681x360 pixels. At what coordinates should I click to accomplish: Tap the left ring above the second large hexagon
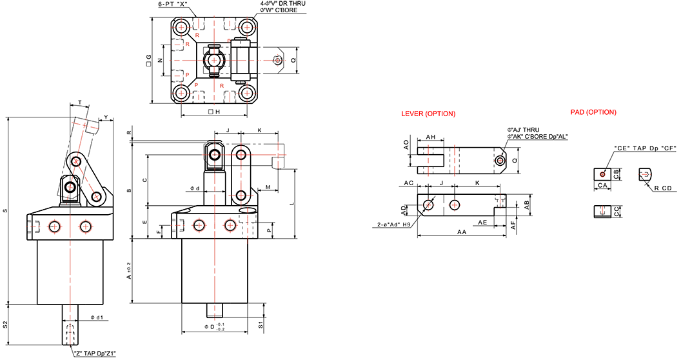pos(199,225)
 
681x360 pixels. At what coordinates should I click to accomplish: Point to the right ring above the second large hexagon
pos(230,225)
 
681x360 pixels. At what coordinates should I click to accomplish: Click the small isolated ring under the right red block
pos(602,174)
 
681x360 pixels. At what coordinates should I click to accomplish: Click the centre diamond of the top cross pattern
pos(213,61)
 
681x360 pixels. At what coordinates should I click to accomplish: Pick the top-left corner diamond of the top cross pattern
pos(181,27)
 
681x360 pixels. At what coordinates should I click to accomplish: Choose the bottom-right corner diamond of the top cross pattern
pos(246,94)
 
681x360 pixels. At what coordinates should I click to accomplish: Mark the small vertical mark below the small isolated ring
pos(602,209)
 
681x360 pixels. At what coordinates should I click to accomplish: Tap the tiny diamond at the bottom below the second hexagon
pos(215,320)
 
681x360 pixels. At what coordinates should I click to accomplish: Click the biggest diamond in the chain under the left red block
pos(427,160)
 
